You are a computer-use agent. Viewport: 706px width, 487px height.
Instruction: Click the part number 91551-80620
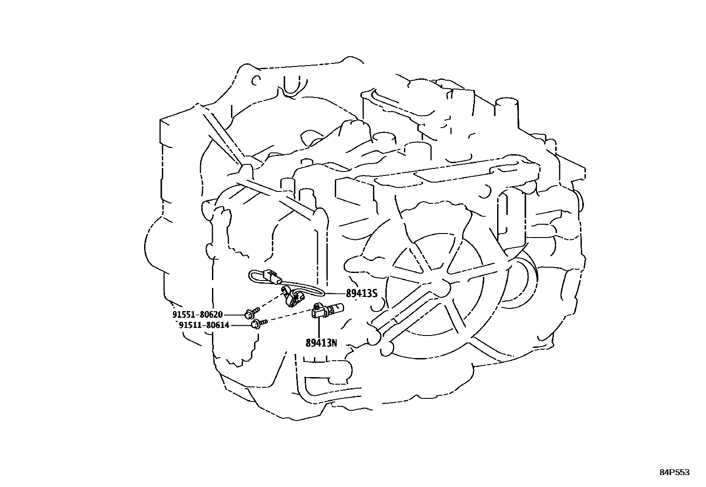(x=197, y=315)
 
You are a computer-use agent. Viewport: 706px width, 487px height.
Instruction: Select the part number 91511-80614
(x=204, y=325)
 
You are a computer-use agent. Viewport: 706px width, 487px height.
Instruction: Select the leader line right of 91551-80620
(x=234, y=315)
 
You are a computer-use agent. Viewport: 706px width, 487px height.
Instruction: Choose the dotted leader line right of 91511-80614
(x=240, y=325)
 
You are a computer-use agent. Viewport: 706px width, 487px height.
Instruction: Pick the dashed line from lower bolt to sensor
(x=288, y=317)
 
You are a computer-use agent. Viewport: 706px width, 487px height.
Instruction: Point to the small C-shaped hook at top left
(x=255, y=81)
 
